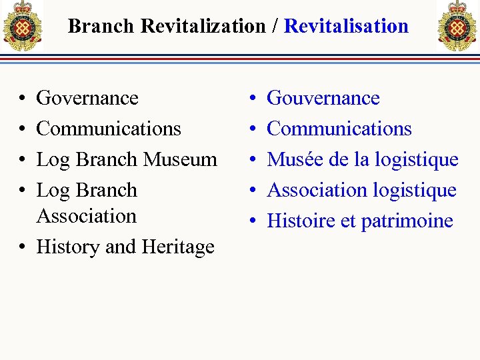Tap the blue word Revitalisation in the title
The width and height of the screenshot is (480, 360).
346,26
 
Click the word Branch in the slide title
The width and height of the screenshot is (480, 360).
101,26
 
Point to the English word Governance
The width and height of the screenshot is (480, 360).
87,98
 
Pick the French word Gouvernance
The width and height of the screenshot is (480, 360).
323,98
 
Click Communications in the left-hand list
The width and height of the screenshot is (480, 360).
109,128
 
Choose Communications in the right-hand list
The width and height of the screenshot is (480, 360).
339,128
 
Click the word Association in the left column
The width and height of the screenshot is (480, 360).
86,216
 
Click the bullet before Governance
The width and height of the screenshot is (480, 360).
23,99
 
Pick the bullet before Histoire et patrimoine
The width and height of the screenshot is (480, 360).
253,221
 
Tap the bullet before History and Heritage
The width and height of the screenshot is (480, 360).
23,247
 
